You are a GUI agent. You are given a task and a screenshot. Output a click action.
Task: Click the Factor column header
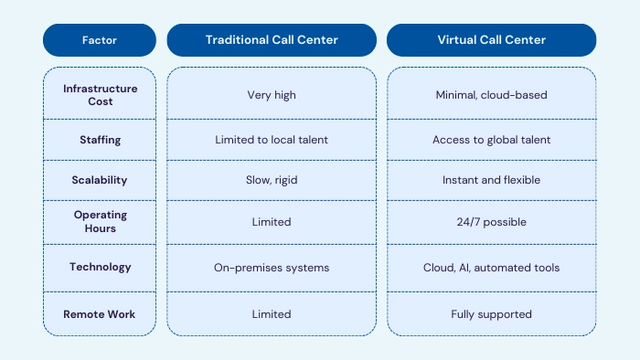pyautogui.click(x=101, y=40)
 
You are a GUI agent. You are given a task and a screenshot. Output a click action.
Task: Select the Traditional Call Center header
pyautogui.click(x=272, y=40)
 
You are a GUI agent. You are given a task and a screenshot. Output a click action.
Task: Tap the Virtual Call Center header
pyautogui.click(x=491, y=40)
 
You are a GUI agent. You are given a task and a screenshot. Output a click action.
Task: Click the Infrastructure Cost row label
pyautogui.click(x=101, y=95)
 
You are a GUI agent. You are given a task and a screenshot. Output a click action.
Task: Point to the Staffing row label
pyautogui.click(x=101, y=141)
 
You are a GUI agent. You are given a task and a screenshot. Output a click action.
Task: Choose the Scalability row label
pyautogui.click(x=101, y=180)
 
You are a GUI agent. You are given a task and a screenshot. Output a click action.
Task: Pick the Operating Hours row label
pyautogui.click(x=101, y=222)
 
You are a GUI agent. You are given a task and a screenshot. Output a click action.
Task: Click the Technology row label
pyautogui.click(x=101, y=267)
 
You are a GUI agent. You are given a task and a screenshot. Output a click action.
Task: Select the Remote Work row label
pyautogui.click(x=101, y=314)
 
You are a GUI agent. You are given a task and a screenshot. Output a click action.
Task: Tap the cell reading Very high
pyautogui.click(x=272, y=95)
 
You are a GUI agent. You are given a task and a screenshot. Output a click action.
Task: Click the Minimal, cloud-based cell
pyautogui.click(x=491, y=95)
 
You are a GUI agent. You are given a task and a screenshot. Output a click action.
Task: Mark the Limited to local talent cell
pyautogui.click(x=272, y=141)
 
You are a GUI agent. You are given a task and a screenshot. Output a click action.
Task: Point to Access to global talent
pyautogui.click(x=491, y=141)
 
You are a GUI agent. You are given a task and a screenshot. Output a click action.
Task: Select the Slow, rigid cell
pyautogui.click(x=272, y=180)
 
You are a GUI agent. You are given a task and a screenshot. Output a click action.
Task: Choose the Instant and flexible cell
pyautogui.click(x=491, y=180)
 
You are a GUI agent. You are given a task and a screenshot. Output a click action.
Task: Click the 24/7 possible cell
pyautogui.click(x=491, y=222)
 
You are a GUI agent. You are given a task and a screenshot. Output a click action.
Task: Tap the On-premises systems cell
pyautogui.click(x=272, y=267)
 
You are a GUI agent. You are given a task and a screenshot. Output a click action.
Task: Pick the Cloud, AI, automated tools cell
pyautogui.click(x=491, y=267)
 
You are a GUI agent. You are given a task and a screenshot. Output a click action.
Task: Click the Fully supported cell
pyautogui.click(x=491, y=314)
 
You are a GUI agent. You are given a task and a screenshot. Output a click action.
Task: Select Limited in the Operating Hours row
pyautogui.click(x=272, y=222)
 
